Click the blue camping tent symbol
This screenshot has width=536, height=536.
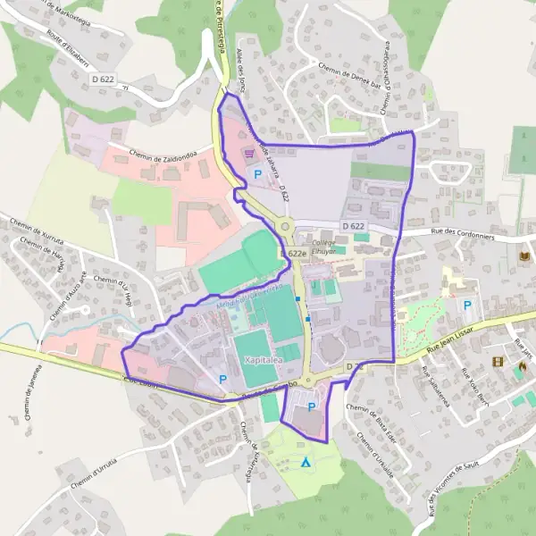pyautogui.click(x=306, y=462)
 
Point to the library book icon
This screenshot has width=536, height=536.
pyautogui.click(x=523, y=258)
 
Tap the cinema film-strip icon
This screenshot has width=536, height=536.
pyautogui.click(x=497, y=363)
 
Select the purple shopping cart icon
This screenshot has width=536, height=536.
pyautogui.click(x=248, y=154)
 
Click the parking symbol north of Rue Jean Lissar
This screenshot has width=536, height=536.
pyautogui.click(x=467, y=306)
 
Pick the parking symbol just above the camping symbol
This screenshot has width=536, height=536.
pyautogui.click(x=312, y=407)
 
